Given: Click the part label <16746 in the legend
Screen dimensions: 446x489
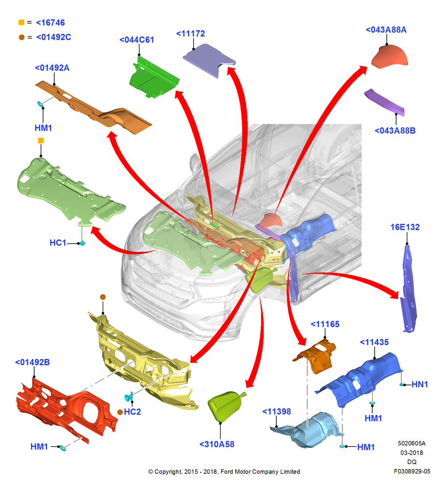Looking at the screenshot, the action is [x=50, y=23].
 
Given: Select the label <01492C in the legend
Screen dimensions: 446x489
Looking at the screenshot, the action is [x=54, y=37].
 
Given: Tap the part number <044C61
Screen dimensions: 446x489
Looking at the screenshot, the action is [x=136, y=40].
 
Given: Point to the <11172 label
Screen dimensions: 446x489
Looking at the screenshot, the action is [x=191, y=34].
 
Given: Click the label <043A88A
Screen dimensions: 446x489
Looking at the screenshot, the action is [x=386, y=30].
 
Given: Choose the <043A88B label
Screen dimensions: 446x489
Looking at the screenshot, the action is [x=395, y=131].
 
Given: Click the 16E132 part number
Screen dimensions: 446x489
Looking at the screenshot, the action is [x=405, y=227].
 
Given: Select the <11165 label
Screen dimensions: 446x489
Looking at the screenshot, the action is [x=325, y=324].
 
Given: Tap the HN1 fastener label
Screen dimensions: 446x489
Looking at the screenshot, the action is [x=420, y=384].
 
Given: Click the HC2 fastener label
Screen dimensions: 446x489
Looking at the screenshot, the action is [x=133, y=412].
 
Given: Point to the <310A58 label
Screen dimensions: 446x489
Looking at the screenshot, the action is [x=217, y=445].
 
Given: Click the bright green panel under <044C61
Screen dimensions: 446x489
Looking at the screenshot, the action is [x=154, y=78].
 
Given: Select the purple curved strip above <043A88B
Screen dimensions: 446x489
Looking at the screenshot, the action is [x=384, y=101].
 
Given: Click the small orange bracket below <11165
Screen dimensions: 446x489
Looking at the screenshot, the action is [x=315, y=356].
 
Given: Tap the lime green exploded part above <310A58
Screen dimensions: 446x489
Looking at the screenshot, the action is [x=225, y=406].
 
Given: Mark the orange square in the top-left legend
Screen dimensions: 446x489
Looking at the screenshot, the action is [x=21, y=22].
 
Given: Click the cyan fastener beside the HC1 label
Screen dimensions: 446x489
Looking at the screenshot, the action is [x=82, y=243].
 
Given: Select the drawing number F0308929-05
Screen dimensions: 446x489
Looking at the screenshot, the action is [x=412, y=471].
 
